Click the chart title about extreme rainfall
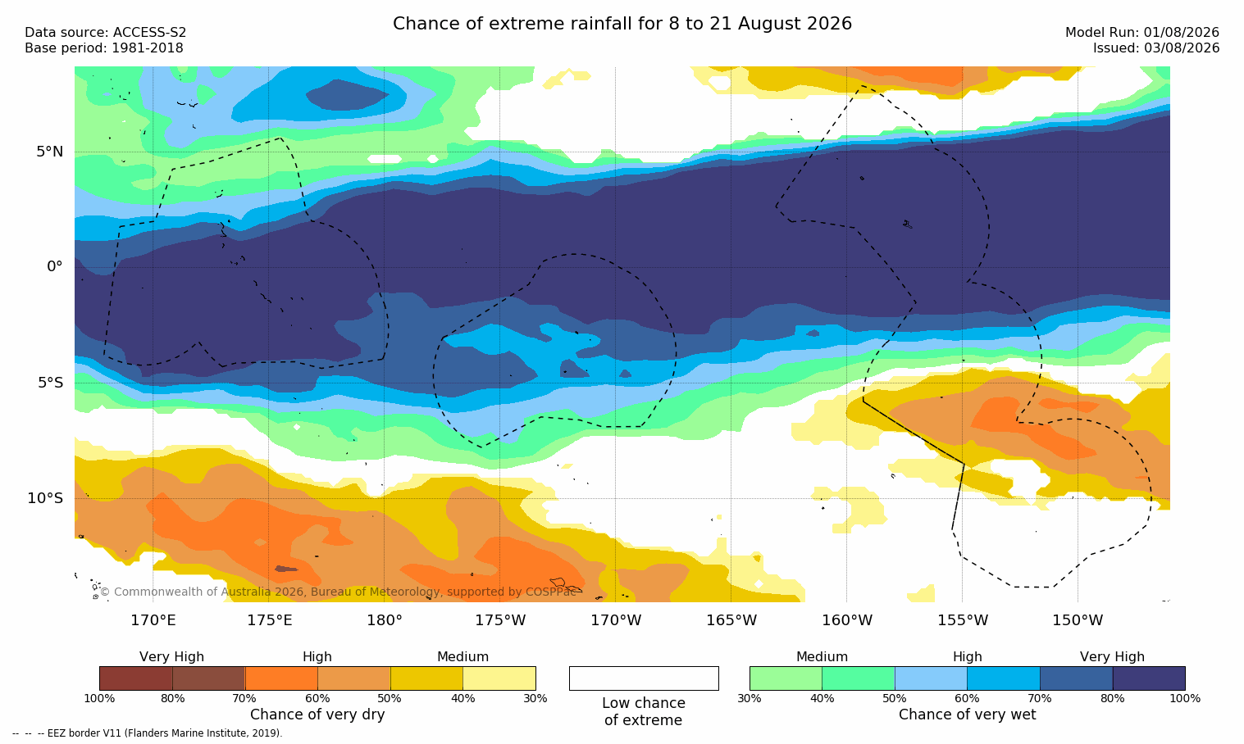coord(622,24)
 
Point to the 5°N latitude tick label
coord(50,152)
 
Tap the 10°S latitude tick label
coord(46,498)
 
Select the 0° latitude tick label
coord(54,267)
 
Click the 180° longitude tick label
coord(385,619)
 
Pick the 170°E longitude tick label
coord(153,619)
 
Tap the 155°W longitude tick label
coord(963,619)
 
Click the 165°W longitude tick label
coord(731,619)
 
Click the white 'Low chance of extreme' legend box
coord(644,678)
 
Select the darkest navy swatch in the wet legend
coord(1149,678)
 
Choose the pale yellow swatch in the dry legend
coord(499,678)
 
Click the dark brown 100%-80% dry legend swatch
coord(136,678)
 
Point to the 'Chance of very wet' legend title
coord(968,715)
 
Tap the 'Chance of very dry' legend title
coord(317,715)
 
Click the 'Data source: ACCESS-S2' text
coord(106,33)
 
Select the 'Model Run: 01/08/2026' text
coord(1142,33)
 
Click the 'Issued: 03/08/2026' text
coord(1156,48)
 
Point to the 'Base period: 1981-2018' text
coord(104,48)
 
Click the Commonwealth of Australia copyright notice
coord(338,592)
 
